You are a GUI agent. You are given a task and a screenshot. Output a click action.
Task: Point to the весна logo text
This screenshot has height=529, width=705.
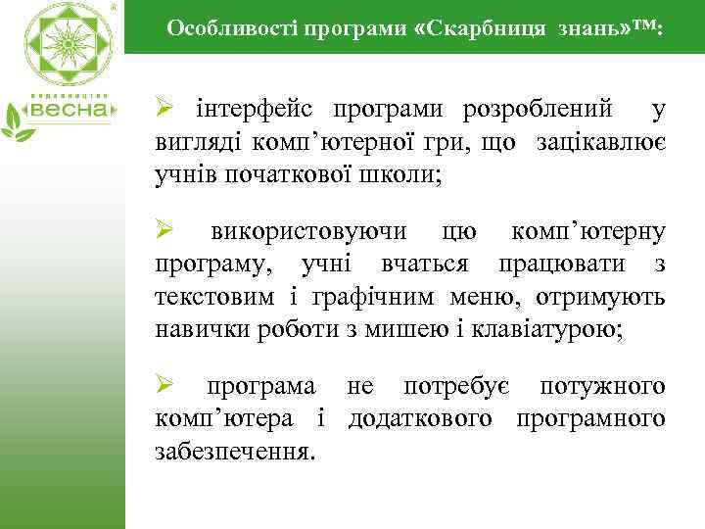click(x=74, y=110)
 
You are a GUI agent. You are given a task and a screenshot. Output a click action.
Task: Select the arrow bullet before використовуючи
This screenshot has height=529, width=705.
click(x=165, y=232)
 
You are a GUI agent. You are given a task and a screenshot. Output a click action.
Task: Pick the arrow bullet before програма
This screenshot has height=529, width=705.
click(x=165, y=386)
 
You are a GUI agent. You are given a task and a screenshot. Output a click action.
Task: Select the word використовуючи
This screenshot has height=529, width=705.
click(x=309, y=232)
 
